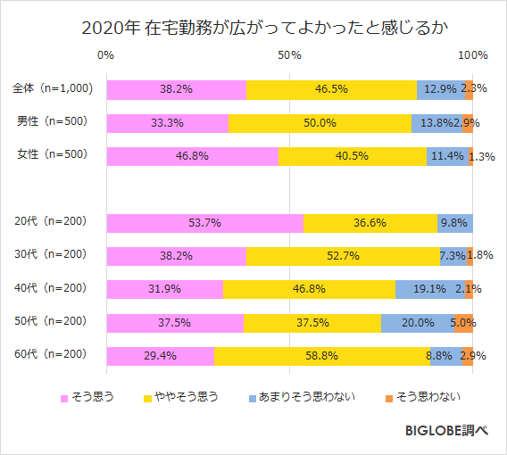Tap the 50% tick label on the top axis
point(288,56)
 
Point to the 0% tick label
point(105,56)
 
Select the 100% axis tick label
point(472,56)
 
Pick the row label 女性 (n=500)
point(52,154)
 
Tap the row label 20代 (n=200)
point(52,221)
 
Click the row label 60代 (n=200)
point(52,354)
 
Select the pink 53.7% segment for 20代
point(204,223)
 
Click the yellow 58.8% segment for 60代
point(321,356)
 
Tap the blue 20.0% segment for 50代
point(418,323)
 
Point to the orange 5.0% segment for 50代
point(463,323)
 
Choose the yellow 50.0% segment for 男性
point(320,123)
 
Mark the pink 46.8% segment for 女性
point(192,156)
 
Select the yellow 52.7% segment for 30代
point(343,256)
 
